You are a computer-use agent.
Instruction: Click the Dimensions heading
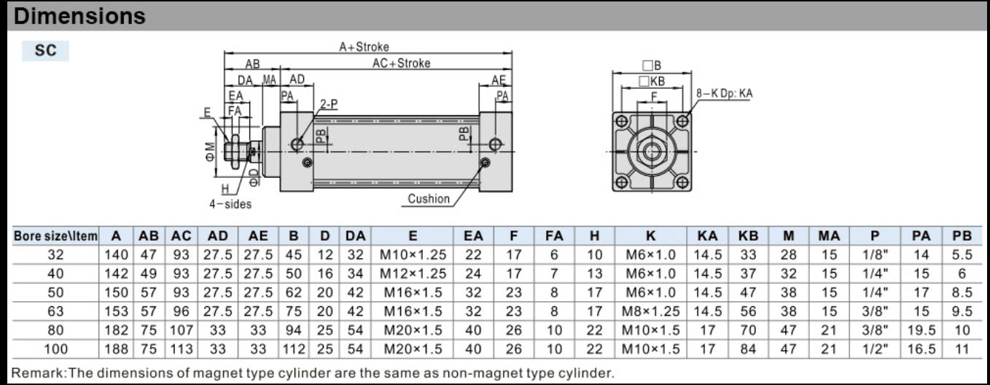[x=79, y=16]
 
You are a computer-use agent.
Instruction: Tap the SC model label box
[x=45, y=50]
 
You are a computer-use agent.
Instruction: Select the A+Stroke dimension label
[x=365, y=47]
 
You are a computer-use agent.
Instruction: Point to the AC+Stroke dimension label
[x=401, y=63]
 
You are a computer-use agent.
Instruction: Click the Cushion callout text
[x=428, y=199]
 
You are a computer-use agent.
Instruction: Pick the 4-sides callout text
[x=230, y=204]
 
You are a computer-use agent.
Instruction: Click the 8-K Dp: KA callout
[x=725, y=93]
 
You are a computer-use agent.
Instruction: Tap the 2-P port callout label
[x=329, y=104]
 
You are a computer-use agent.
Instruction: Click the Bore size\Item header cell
[x=55, y=236]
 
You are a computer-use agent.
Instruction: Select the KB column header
[x=748, y=236]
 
